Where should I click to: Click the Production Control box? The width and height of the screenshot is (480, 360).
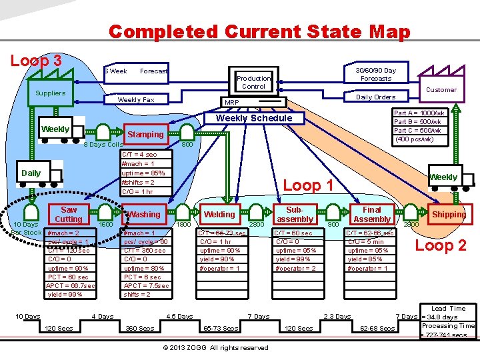(253, 82)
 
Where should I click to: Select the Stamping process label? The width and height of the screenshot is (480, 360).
(145, 134)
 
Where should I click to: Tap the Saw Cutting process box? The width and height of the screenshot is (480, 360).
(69, 214)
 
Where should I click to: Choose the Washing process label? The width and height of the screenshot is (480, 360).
(145, 214)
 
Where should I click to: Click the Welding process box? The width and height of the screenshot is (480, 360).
(219, 214)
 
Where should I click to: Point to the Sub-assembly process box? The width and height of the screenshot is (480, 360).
(295, 214)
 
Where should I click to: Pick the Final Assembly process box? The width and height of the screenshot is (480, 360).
(372, 214)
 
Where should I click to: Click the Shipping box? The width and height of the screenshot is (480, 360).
(449, 214)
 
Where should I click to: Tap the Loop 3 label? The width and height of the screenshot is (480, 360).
(37, 60)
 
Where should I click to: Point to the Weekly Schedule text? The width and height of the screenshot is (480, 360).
(255, 118)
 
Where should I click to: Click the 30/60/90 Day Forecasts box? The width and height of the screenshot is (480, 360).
(375, 74)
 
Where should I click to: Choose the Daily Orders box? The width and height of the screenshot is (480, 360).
(375, 97)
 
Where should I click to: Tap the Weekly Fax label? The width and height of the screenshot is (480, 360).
(136, 99)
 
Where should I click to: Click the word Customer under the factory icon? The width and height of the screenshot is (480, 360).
(441, 89)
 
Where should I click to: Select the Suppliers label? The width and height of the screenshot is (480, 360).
(51, 93)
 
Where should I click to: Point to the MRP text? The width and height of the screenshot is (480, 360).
(231, 103)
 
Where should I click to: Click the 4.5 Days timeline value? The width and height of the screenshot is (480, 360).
(179, 316)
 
